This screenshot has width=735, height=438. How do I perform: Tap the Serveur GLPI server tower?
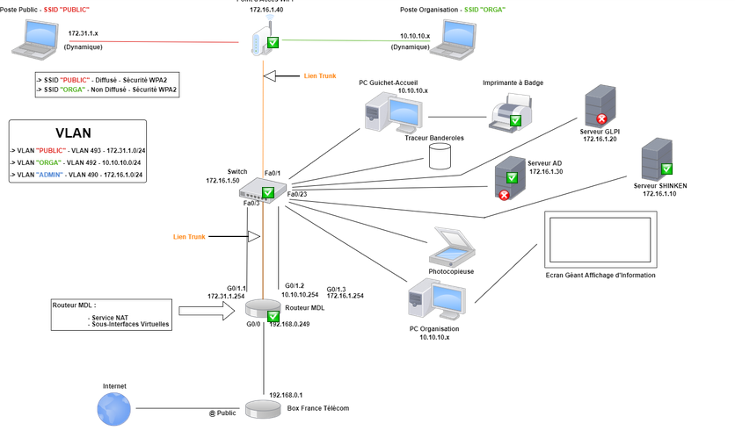pos(600,105)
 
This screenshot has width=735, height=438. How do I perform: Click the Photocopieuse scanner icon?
pos(452,247)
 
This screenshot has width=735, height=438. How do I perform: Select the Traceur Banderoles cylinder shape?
pos(440,156)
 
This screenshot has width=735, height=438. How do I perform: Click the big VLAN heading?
pos(73,133)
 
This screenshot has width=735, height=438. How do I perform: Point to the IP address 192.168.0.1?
pos(286,395)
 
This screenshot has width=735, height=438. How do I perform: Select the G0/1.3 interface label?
pos(336,289)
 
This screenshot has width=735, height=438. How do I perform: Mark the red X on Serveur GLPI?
pos(602,118)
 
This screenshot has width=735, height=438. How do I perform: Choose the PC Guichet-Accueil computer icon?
pos(392,112)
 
